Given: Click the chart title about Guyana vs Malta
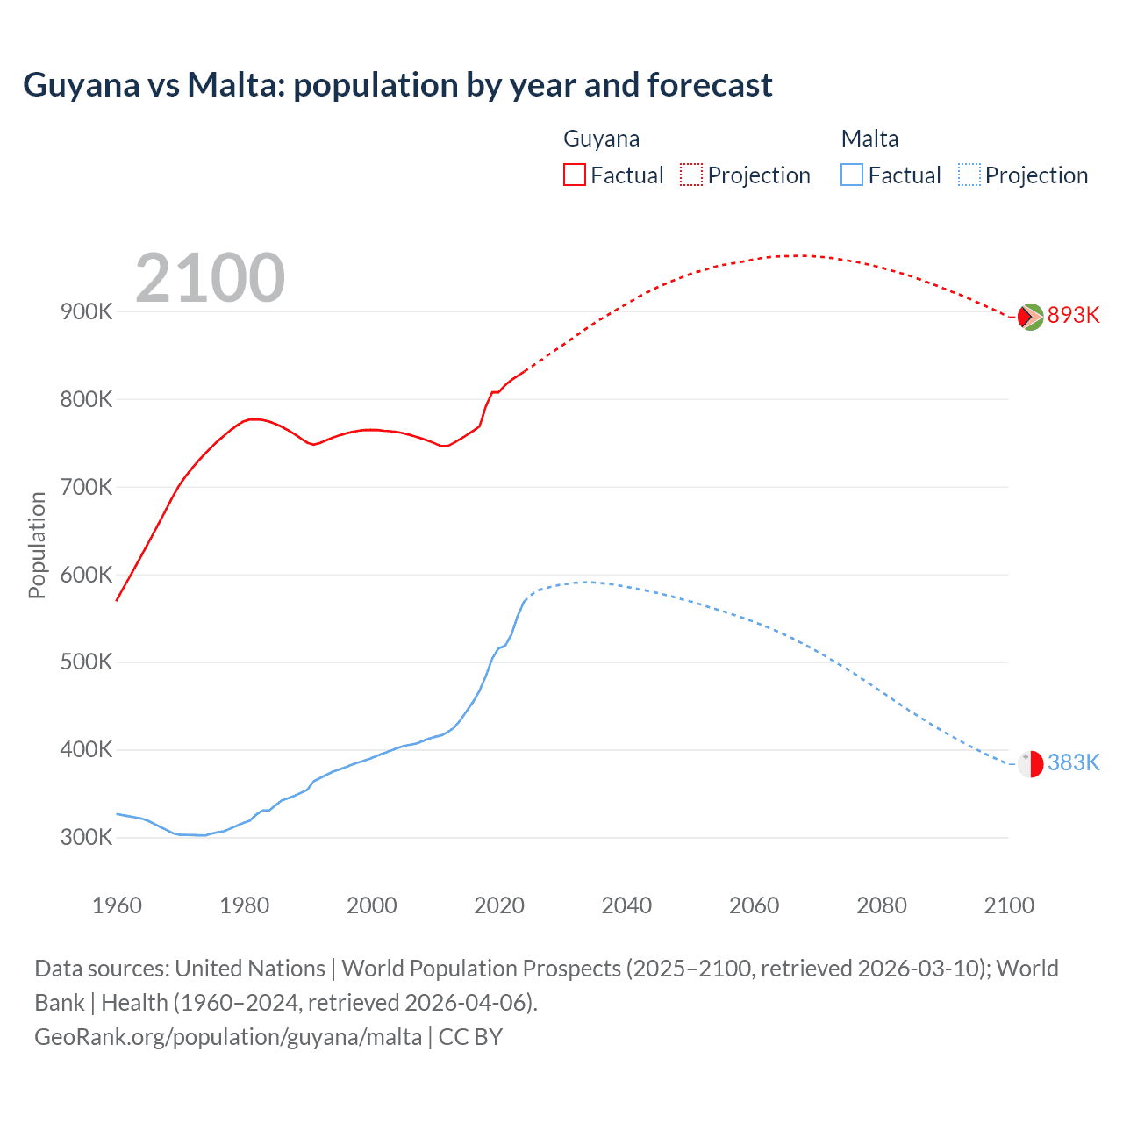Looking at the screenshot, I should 397,85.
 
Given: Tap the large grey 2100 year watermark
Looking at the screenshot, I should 210,278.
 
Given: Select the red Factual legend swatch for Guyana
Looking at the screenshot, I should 574,175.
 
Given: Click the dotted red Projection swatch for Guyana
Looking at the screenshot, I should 691,175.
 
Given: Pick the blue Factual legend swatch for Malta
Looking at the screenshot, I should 851,175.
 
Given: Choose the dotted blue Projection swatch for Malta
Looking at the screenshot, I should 969,175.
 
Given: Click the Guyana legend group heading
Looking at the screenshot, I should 601,139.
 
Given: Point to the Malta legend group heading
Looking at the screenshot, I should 869,139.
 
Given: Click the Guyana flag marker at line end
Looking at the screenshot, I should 1030,317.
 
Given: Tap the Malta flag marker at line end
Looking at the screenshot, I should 1030,764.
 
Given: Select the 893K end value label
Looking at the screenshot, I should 1073,316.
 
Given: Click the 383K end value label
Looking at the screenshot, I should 1073,763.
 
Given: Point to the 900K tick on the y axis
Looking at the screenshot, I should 86,312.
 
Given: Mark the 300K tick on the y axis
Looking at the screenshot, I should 86,838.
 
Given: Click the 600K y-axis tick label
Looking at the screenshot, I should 86,576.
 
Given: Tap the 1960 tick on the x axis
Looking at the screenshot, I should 117,905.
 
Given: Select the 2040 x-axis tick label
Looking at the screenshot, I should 626,905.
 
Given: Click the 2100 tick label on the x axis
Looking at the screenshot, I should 1009,905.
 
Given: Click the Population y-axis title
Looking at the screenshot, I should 37,545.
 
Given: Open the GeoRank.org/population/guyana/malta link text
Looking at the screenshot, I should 228,1037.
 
